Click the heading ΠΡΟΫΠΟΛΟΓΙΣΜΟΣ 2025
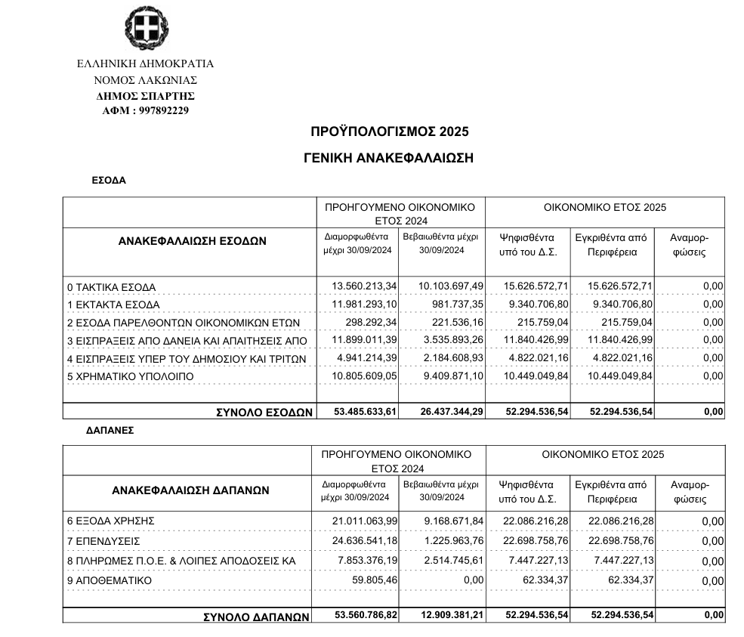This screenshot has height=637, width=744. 389,131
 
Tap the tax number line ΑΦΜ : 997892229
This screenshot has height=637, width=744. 146,110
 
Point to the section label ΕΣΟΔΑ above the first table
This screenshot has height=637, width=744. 108,181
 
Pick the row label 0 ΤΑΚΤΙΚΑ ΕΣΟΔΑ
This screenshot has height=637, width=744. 111,287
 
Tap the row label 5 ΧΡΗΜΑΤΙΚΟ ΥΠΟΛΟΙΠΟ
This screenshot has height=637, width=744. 130,376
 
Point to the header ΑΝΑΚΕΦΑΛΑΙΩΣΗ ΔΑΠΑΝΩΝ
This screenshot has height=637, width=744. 190,490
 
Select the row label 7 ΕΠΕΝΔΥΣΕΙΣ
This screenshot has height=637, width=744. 103,541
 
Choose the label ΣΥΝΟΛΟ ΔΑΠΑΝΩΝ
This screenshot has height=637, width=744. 257,617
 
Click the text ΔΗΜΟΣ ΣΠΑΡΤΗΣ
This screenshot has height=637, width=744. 146,96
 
